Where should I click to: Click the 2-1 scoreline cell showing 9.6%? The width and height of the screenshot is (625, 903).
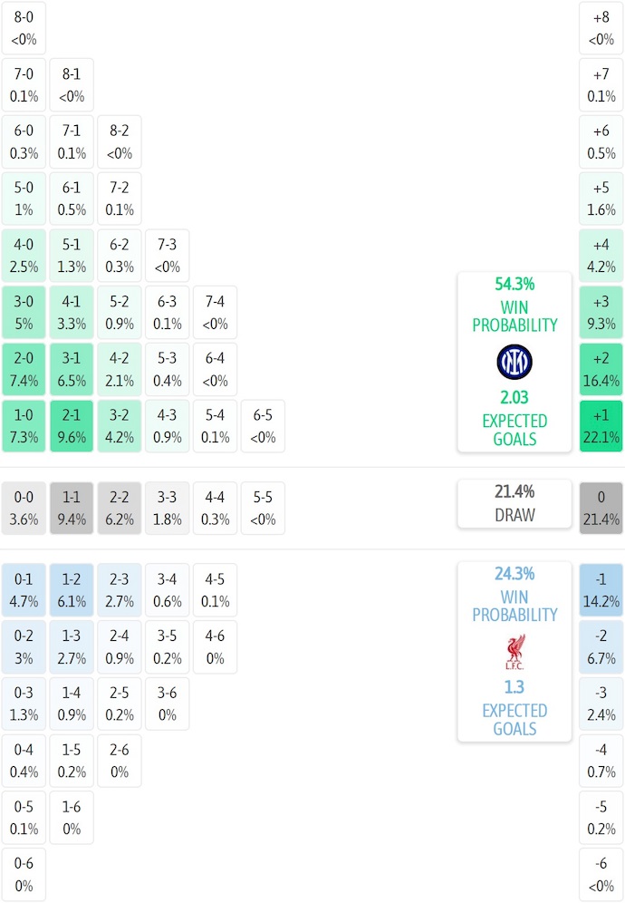pyautogui.click(x=72, y=426)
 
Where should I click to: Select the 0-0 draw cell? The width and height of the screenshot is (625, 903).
pyautogui.click(x=24, y=508)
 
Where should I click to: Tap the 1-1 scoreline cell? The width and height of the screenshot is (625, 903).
pyautogui.click(x=72, y=508)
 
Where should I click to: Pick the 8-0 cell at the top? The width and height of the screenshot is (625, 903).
pyautogui.click(x=24, y=28)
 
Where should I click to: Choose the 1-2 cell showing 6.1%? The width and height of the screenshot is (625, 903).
pyautogui.click(x=72, y=589)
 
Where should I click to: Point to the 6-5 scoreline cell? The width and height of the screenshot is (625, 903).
pyautogui.click(x=263, y=426)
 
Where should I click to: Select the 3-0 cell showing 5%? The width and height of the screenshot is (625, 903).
pyautogui.click(x=24, y=312)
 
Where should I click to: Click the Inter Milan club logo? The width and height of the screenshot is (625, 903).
pyautogui.click(x=514, y=363)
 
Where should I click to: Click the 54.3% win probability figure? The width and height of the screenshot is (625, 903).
pyautogui.click(x=514, y=284)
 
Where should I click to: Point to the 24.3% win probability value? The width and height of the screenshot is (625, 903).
pyautogui.click(x=514, y=574)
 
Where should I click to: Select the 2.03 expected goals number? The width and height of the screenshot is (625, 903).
pyautogui.click(x=514, y=397)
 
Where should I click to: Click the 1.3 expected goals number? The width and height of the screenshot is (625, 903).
pyautogui.click(x=514, y=687)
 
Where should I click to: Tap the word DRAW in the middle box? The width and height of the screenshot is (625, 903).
pyautogui.click(x=514, y=515)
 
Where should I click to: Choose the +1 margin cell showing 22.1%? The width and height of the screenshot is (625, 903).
pyautogui.click(x=601, y=426)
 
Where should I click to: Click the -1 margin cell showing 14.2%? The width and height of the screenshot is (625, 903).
pyautogui.click(x=601, y=589)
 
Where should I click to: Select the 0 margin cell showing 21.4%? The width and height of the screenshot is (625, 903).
pyautogui.click(x=601, y=508)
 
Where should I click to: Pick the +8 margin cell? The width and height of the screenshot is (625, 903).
pyautogui.click(x=601, y=28)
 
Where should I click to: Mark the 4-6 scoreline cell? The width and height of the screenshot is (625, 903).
pyautogui.click(x=215, y=646)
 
